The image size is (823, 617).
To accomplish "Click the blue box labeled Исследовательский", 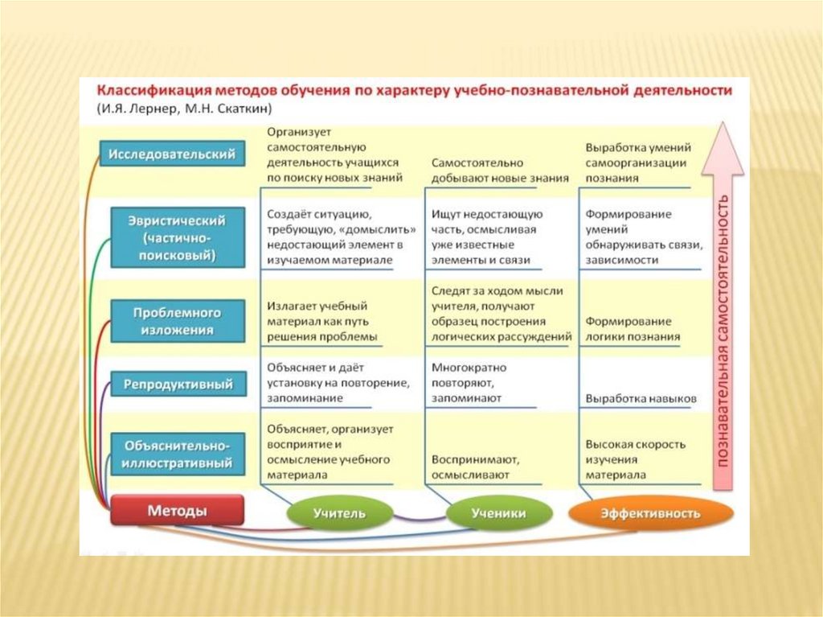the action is tap(172, 154).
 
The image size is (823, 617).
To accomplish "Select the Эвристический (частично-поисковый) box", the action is tap(178, 237).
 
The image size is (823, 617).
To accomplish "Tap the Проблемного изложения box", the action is tap(178, 321).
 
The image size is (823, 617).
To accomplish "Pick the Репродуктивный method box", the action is tap(178, 384).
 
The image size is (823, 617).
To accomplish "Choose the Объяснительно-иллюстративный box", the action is tap(178, 454).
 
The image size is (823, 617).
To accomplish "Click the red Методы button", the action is tap(178, 510).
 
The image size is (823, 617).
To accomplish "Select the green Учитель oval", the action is tap(340, 513).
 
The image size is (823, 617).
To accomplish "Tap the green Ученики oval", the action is tap(498, 513).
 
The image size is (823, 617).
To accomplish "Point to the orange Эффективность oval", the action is tap(651, 513).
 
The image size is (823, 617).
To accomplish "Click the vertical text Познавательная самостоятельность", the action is tap(723, 331).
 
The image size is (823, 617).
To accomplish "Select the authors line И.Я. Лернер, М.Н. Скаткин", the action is tap(184, 109).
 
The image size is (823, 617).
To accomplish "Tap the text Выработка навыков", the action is tap(641, 398).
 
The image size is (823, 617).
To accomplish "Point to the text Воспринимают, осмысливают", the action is tap(476, 467).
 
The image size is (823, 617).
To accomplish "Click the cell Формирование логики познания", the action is tap(633, 329).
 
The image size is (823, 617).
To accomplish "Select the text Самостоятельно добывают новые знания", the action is tap(500, 171).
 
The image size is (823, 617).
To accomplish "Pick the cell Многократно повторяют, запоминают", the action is tap(469, 383).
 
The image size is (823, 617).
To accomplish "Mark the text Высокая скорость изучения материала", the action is tap(635, 459).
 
